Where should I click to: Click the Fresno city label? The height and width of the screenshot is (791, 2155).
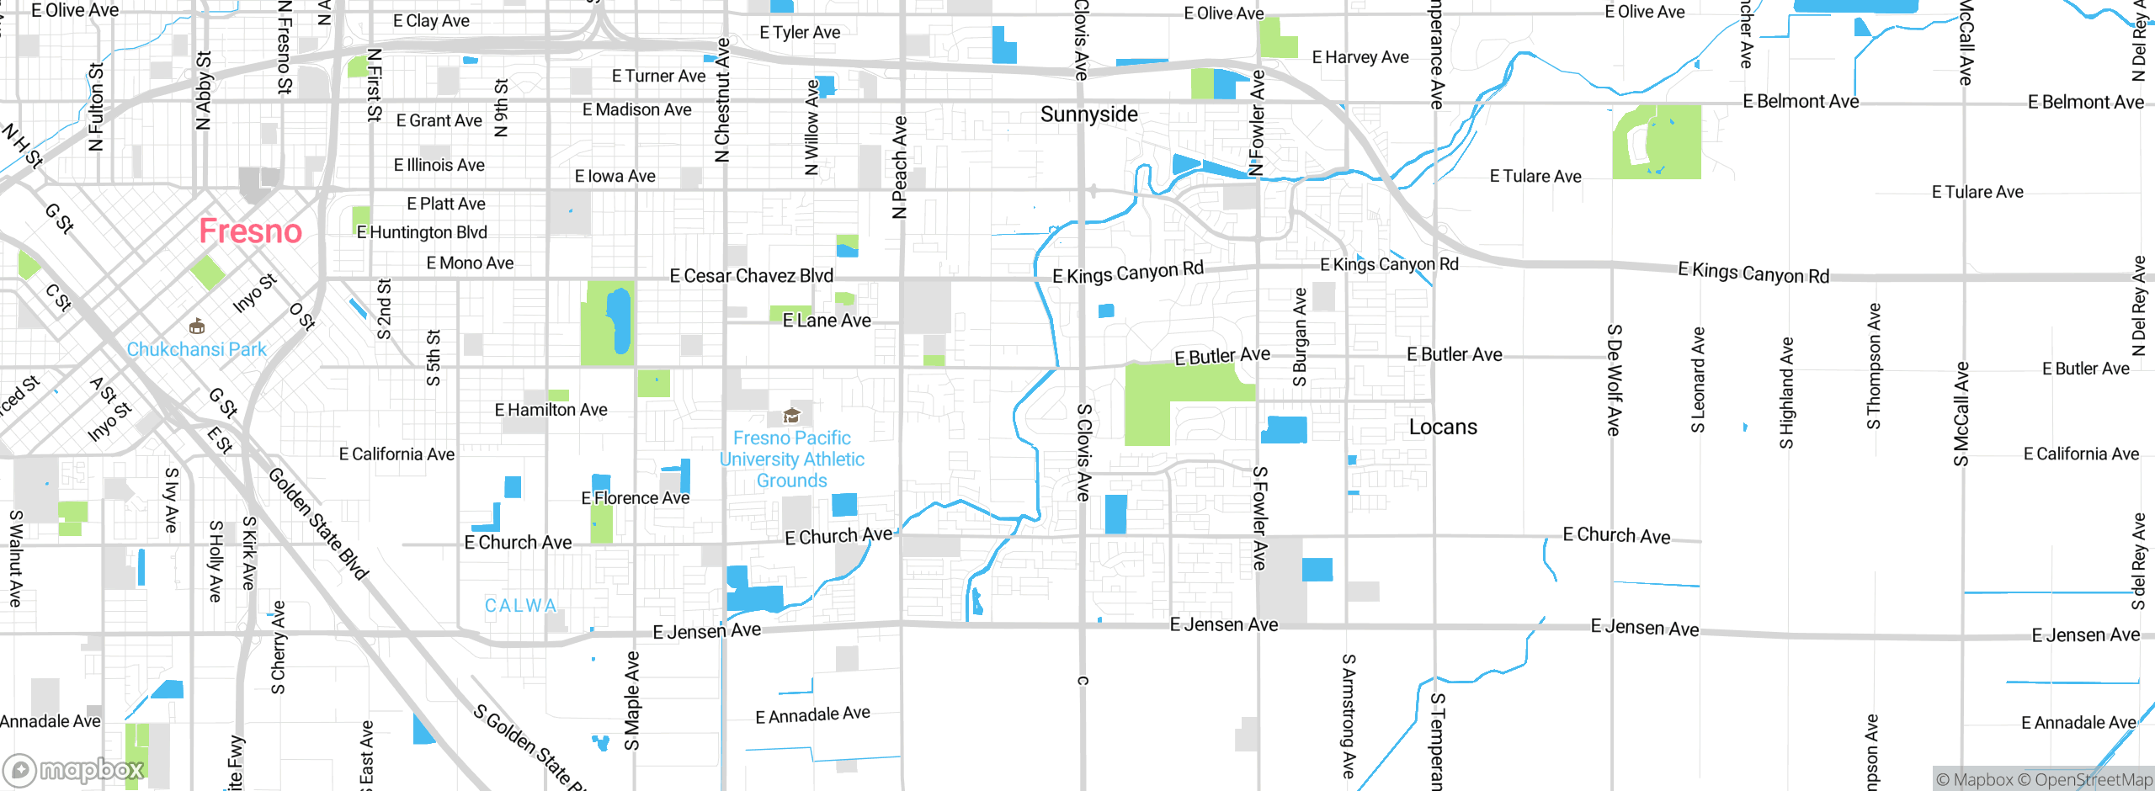[x=250, y=231]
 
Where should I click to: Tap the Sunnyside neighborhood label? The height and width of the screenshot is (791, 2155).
[x=1088, y=114]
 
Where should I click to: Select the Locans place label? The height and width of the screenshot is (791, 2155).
[x=1443, y=427]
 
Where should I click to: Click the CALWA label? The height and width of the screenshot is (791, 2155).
[x=520, y=606]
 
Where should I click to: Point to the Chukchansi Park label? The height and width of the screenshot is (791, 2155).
[x=196, y=349]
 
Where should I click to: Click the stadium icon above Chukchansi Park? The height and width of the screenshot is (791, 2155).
[x=197, y=326]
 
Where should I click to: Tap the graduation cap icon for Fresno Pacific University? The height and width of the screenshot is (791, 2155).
[x=791, y=415]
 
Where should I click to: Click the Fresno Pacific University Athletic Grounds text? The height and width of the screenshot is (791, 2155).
[x=791, y=459]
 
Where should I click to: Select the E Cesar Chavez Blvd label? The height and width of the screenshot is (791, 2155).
[x=751, y=276]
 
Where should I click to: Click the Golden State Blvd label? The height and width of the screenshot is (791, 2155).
[x=318, y=524]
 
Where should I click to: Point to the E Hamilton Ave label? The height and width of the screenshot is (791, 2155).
[x=551, y=410]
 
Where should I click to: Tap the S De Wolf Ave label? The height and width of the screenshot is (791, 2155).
[x=1613, y=380]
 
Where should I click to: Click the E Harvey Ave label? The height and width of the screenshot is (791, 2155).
[x=1360, y=57]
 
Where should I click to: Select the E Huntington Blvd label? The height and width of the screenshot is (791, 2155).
[x=422, y=232]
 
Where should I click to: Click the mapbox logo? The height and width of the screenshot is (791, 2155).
[x=74, y=769]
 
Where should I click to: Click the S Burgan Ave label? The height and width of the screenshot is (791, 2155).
[x=1300, y=337]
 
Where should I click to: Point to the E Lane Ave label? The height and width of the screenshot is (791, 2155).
[x=826, y=321]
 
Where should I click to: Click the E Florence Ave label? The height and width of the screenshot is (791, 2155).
[x=635, y=498]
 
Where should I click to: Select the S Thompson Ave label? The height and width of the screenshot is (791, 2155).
[x=1874, y=366]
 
